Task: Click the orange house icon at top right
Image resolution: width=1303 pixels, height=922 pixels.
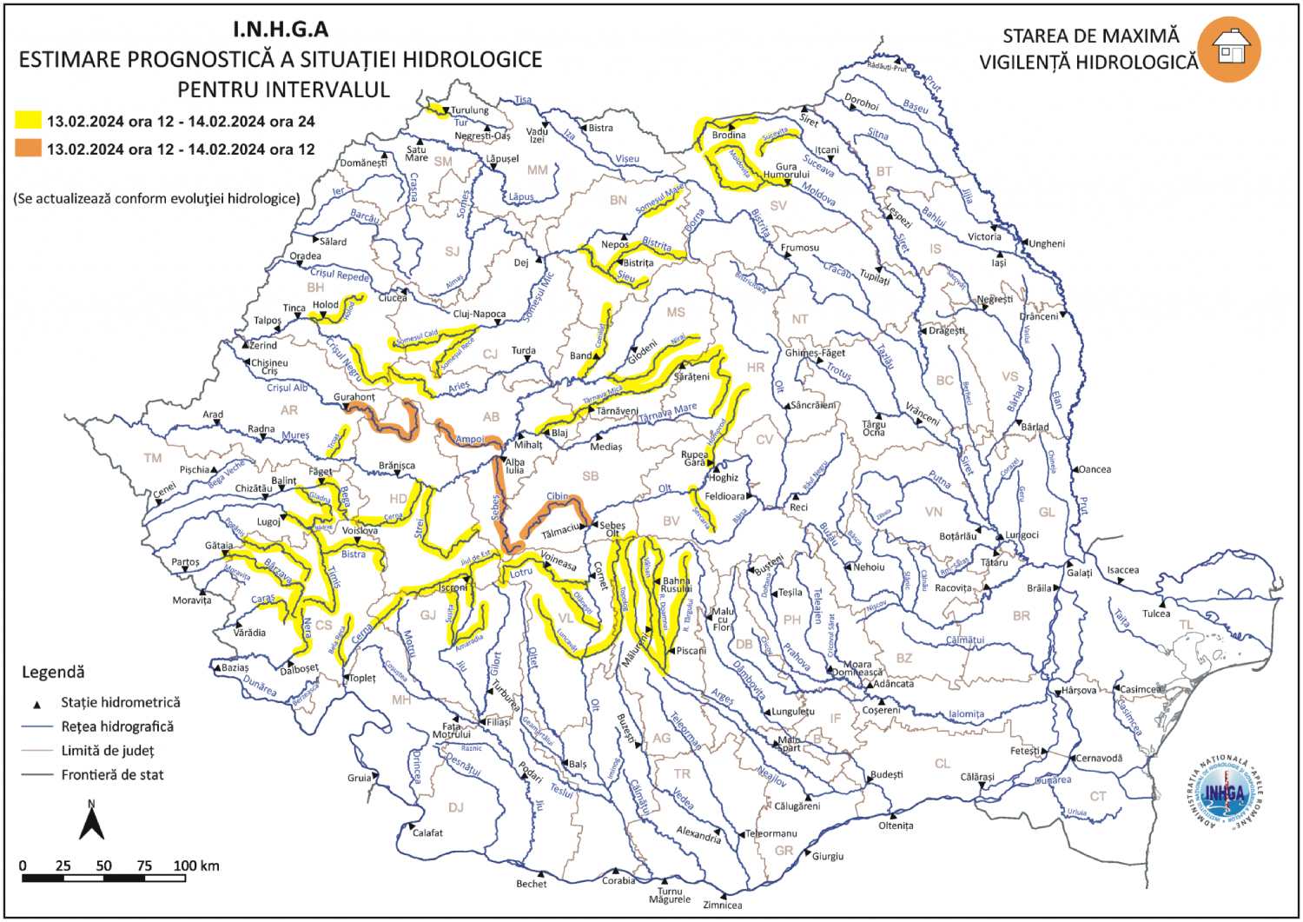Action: click(1228, 50)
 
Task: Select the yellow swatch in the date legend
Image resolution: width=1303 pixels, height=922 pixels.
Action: click(29, 121)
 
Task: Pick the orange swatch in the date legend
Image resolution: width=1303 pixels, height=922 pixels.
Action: click(29, 149)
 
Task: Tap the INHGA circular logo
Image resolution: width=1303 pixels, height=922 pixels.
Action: click(1227, 792)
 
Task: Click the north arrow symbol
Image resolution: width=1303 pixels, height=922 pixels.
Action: click(91, 821)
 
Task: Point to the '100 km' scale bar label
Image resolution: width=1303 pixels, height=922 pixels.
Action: click(196, 866)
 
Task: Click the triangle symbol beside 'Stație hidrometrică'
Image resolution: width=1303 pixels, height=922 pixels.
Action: click(37, 703)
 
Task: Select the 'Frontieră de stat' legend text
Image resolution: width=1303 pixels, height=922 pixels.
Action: click(112, 774)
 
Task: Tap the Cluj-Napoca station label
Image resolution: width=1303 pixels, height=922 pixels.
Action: click(479, 314)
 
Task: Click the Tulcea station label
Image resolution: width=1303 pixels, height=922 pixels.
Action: click(1155, 614)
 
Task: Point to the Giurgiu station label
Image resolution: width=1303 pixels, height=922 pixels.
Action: click(827, 856)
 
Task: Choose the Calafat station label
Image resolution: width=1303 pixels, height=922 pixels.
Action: click(427, 832)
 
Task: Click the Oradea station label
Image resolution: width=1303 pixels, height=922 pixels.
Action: click(305, 256)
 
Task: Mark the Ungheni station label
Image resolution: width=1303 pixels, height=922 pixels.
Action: click(1047, 243)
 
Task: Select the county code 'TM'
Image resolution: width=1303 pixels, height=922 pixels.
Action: click(153, 458)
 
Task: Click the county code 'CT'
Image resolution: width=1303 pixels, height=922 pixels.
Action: click(1098, 796)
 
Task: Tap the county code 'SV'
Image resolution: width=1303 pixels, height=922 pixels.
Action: click(778, 206)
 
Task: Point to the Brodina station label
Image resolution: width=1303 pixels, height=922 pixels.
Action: click(729, 136)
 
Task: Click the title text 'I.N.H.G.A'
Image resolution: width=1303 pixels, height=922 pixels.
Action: click(281, 30)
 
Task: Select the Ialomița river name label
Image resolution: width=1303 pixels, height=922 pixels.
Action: click(966, 714)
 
